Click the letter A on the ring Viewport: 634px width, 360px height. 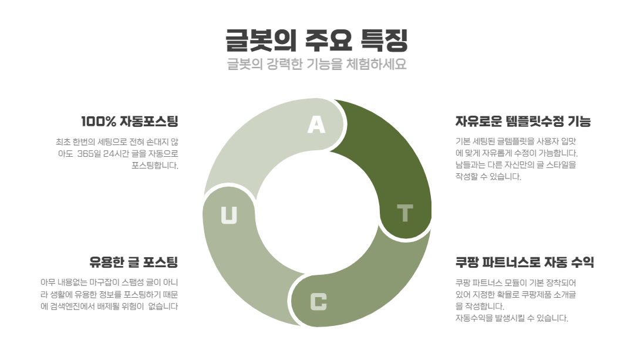(x=316, y=125)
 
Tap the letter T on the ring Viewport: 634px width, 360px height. (x=404, y=213)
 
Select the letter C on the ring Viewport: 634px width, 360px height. (x=318, y=302)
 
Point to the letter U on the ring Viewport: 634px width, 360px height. (x=229, y=215)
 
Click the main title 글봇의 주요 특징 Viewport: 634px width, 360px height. (x=316, y=40)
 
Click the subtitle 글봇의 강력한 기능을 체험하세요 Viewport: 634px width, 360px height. (x=316, y=64)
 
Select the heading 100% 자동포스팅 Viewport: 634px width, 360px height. (x=130, y=121)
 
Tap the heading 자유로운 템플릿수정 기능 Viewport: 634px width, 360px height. (x=523, y=121)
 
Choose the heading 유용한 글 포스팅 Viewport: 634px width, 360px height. (x=134, y=262)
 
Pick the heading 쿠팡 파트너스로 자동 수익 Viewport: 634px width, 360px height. (x=525, y=262)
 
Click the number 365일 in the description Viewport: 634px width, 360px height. (x=89, y=154)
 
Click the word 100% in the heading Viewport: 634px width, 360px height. (x=99, y=121)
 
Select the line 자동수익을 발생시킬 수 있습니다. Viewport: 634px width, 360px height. (x=512, y=318)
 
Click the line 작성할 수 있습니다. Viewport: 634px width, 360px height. (x=488, y=176)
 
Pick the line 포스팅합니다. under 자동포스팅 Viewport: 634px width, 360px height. (x=155, y=166)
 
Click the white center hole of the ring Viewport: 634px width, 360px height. (x=317, y=213)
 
